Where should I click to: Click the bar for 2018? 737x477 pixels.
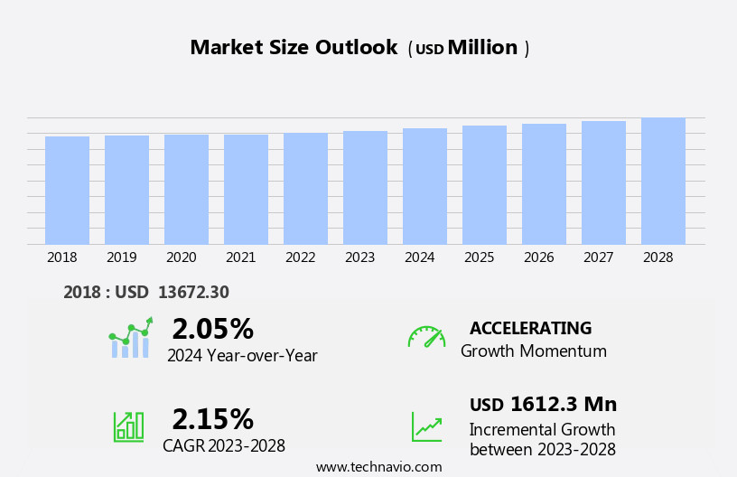(x=67, y=191)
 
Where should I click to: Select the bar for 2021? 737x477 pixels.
(x=246, y=190)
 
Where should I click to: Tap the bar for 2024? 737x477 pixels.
(x=424, y=186)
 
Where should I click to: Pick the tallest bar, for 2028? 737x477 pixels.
(x=663, y=181)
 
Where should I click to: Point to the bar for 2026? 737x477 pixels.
(x=544, y=184)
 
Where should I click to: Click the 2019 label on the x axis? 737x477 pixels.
(x=122, y=257)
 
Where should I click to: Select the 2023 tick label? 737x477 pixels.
(x=359, y=257)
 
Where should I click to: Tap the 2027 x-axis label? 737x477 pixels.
(x=598, y=257)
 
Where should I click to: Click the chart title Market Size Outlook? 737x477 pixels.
(x=294, y=48)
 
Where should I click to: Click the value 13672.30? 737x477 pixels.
(x=193, y=292)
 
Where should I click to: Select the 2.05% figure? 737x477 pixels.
(x=212, y=329)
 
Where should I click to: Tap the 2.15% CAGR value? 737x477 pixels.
(x=212, y=419)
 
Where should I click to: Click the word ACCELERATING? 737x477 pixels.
(x=530, y=328)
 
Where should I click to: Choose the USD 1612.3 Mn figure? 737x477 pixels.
(x=543, y=404)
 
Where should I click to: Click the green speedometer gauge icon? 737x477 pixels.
(x=426, y=337)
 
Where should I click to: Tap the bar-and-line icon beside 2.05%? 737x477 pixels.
(x=130, y=338)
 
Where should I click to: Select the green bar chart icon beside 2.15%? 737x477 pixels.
(x=128, y=426)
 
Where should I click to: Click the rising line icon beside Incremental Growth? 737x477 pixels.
(x=426, y=426)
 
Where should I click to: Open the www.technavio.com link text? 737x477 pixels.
(x=378, y=467)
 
